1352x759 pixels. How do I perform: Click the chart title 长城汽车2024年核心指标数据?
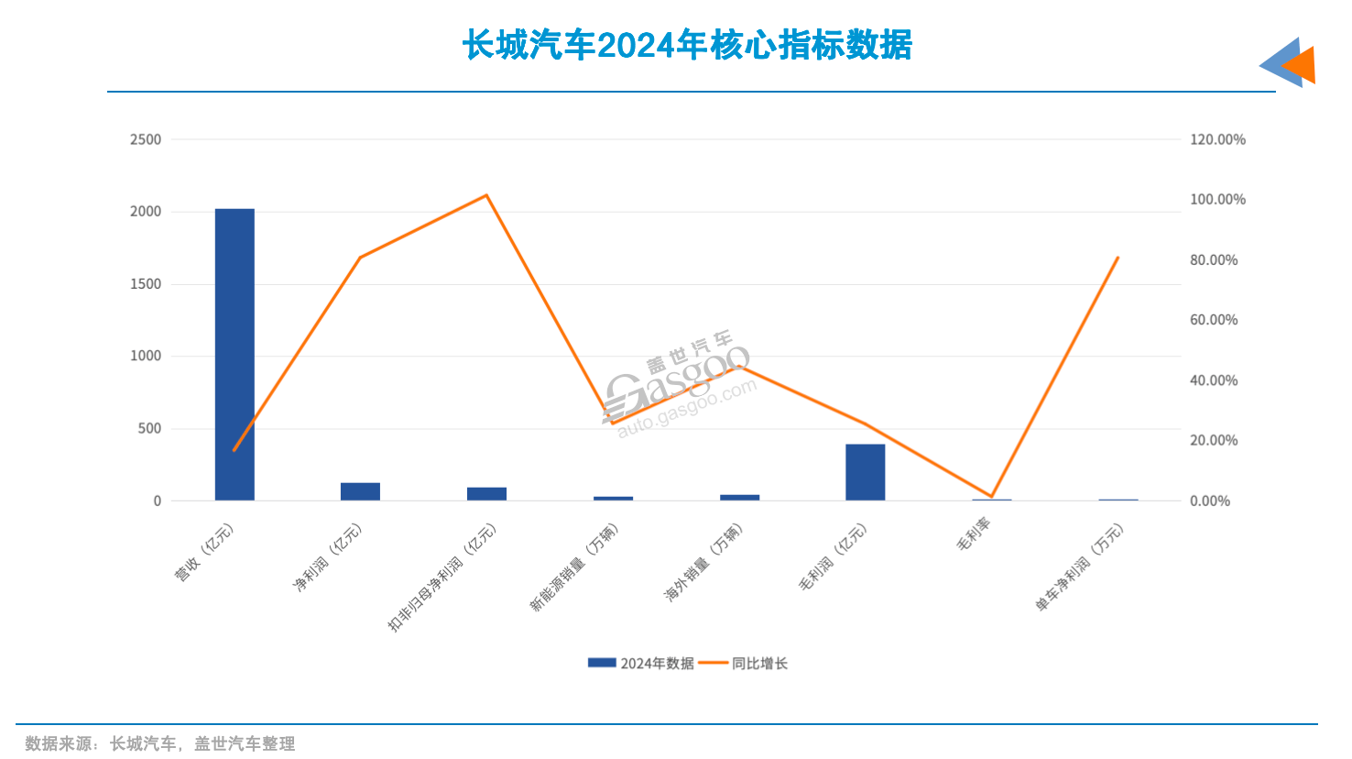click(687, 45)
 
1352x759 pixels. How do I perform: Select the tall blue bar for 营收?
click(234, 354)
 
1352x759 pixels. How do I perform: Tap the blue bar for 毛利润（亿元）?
click(865, 472)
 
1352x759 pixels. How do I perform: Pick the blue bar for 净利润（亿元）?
click(360, 491)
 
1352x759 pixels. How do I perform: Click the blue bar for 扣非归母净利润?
click(486, 494)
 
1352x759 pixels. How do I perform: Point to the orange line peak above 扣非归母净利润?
click(486, 195)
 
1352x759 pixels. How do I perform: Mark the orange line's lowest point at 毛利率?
click(991, 496)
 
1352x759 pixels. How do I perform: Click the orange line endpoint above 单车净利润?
click(1118, 258)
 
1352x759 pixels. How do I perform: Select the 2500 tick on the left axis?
click(146, 139)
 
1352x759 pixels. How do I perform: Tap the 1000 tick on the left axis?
click(146, 356)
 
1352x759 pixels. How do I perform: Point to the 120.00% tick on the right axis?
click(1217, 139)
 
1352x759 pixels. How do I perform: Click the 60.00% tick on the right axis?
click(1214, 320)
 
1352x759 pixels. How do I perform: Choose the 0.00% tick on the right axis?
click(1210, 500)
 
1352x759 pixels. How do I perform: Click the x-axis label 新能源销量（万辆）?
click(574, 567)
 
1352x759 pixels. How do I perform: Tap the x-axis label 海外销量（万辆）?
click(703, 563)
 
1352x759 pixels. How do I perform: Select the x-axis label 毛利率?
click(974, 535)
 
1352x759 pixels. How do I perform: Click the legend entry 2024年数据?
click(641, 663)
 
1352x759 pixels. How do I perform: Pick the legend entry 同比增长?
click(744, 663)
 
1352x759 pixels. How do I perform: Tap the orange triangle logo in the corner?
click(1299, 65)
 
